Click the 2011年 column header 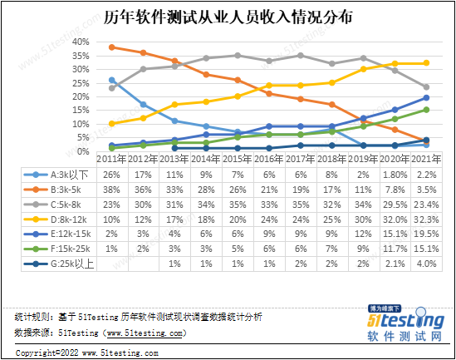pos(112,159)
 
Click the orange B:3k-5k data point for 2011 pos(112,47)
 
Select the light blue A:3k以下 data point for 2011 pos(112,81)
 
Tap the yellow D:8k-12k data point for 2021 pos(426,63)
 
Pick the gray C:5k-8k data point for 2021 pos(426,87)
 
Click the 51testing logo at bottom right pos(404,323)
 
